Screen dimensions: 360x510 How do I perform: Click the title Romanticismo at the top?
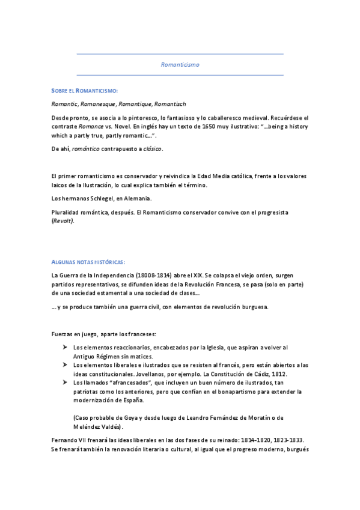[180, 63]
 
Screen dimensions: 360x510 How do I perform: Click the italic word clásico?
[151, 149]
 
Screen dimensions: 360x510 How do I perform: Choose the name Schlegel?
[99, 198]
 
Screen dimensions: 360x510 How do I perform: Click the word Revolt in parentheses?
[63, 221]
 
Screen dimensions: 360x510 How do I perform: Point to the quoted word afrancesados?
[126, 382]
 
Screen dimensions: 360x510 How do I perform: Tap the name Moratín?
[260, 418]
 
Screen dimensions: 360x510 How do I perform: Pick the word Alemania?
[138, 198]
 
